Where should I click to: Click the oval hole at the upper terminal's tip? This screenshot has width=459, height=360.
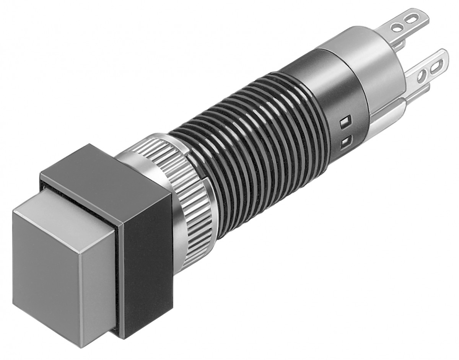coord(413,18)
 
